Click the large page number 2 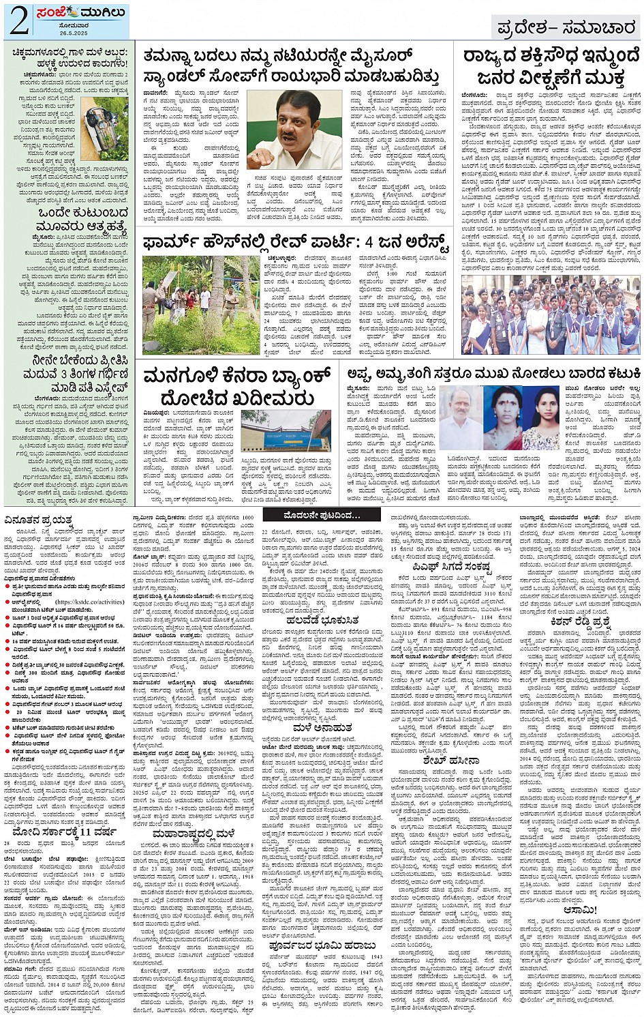pos(18,21)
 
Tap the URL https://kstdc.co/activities pos(89,602)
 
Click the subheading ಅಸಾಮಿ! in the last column pos(579,910)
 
